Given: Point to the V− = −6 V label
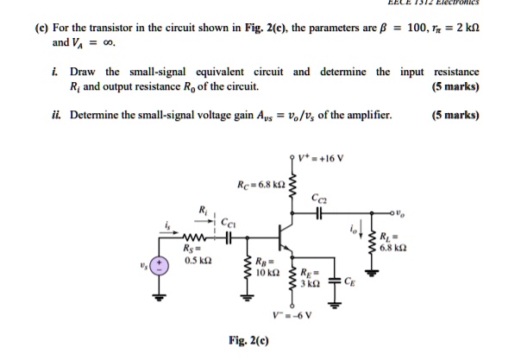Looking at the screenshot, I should point(290,314).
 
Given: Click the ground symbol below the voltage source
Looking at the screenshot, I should point(158,300).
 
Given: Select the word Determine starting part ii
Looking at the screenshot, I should point(94,114).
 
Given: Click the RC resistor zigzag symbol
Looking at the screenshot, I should point(293,188).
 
